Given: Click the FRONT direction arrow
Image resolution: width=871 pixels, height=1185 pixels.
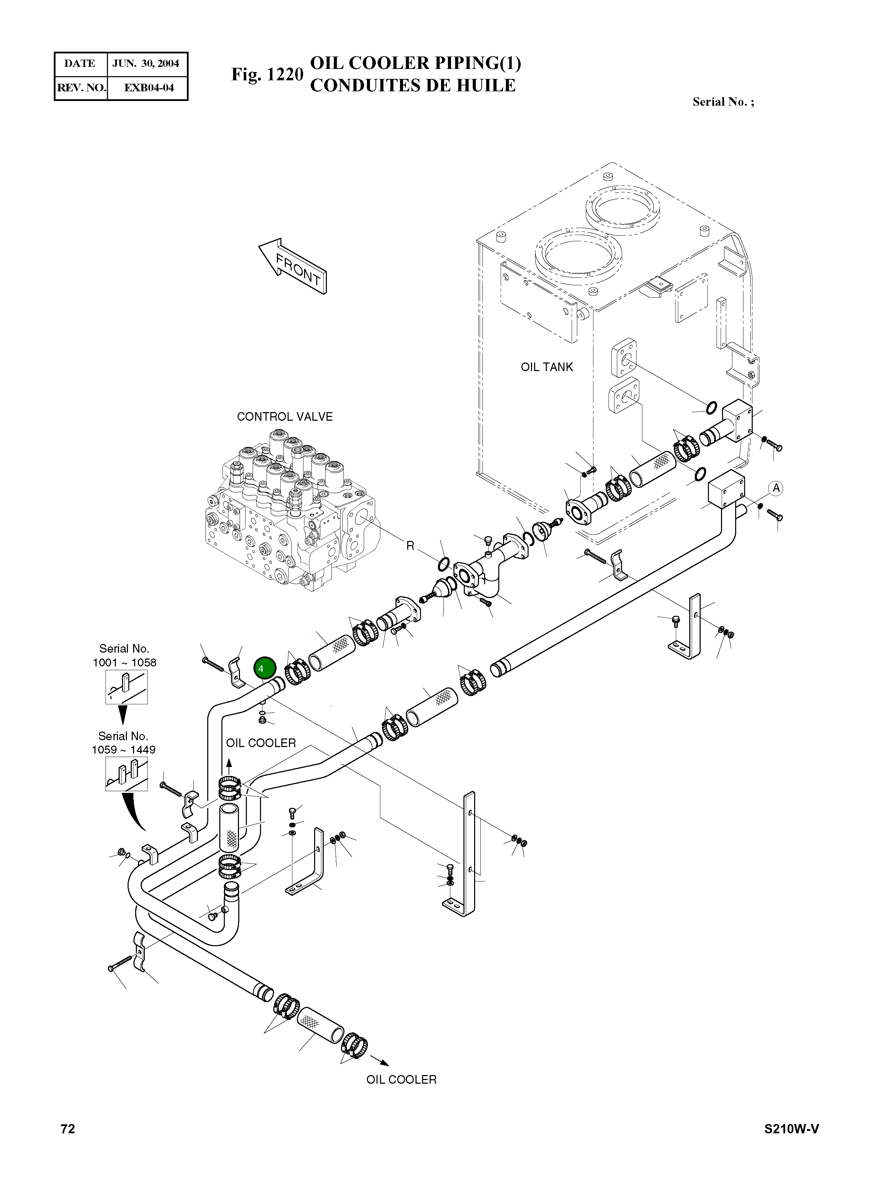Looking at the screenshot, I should pyautogui.click(x=293, y=266).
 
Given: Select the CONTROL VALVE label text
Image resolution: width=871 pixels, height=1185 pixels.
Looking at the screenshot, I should pyautogui.click(x=285, y=417).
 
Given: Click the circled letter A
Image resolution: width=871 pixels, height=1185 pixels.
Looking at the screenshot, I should pyautogui.click(x=775, y=488).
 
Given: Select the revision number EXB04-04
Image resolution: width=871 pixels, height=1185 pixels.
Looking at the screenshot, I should pyautogui.click(x=149, y=88).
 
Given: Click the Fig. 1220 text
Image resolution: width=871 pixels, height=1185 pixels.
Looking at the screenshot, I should pyautogui.click(x=267, y=74).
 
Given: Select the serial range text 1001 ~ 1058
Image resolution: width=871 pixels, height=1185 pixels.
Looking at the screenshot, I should pyautogui.click(x=124, y=663).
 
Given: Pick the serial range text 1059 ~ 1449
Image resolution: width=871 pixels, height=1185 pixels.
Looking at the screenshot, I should pyautogui.click(x=123, y=750).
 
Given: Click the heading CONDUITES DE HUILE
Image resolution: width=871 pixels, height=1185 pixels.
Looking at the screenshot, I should pyautogui.click(x=412, y=85).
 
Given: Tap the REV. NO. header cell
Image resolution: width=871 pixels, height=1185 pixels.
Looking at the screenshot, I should pyautogui.click(x=81, y=88).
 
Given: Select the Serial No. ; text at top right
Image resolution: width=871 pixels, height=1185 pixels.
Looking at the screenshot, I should pyautogui.click(x=723, y=102).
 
